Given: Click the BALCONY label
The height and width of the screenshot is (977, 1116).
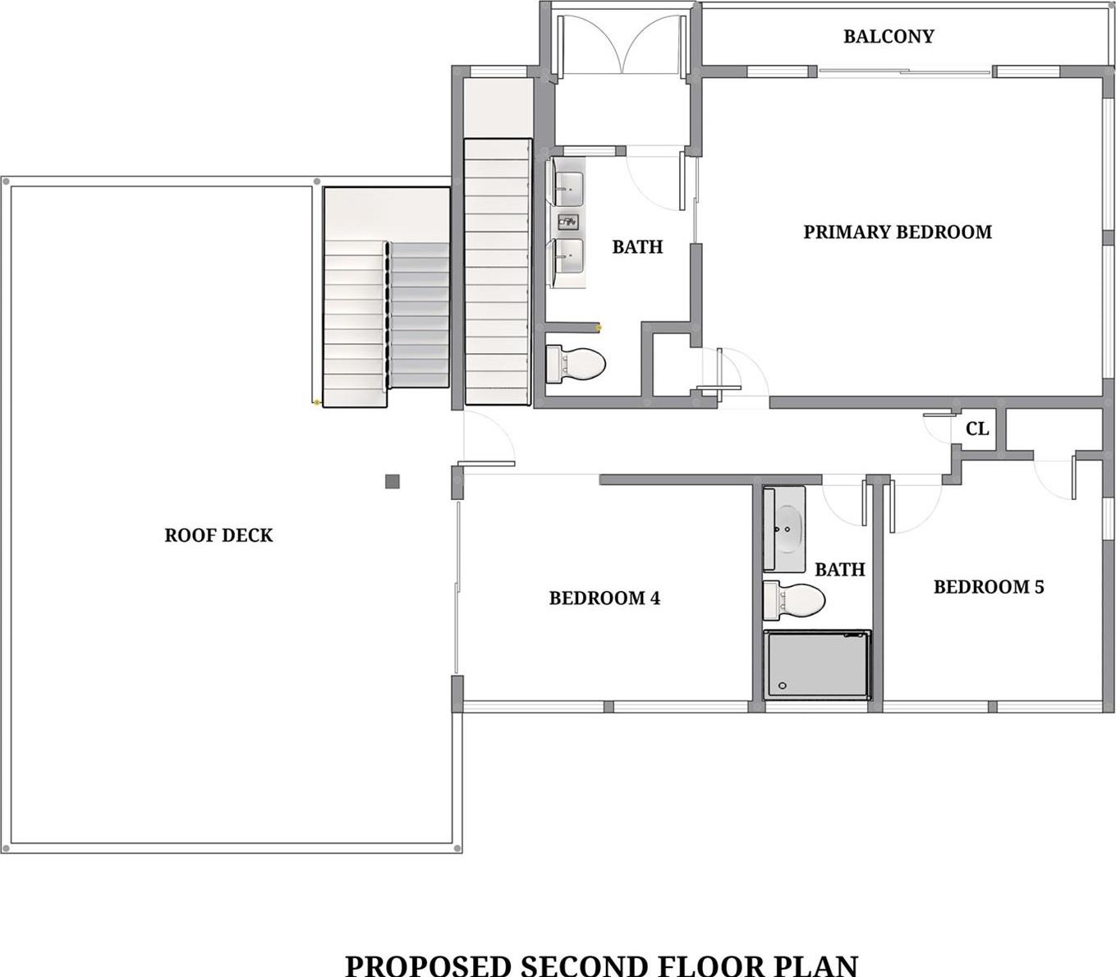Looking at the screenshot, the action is pyautogui.click(x=889, y=36).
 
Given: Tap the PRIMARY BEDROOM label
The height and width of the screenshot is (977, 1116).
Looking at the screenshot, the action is pyautogui.click(x=898, y=232).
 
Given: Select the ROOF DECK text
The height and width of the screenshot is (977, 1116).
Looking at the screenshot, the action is pyautogui.click(x=218, y=535).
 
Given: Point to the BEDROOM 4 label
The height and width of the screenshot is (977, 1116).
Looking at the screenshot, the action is pyautogui.click(x=604, y=598).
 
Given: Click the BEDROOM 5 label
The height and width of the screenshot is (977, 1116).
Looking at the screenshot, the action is pyautogui.click(x=989, y=587).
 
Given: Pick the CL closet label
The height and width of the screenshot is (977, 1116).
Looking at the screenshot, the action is pyautogui.click(x=977, y=429).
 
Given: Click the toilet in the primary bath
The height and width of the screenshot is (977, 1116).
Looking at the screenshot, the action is pyautogui.click(x=576, y=364).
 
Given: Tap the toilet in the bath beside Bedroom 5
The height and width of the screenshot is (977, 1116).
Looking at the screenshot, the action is pyautogui.click(x=793, y=601).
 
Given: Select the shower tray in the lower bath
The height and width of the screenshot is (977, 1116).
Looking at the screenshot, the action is pyautogui.click(x=817, y=664).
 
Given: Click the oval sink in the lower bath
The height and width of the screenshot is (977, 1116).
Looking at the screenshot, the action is pyautogui.click(x=788, y=529).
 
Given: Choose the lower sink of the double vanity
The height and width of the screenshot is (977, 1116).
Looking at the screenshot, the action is pyautogui.click(x=567, y=255).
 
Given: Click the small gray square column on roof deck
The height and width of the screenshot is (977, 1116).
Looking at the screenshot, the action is pyautogui.click(x=393, y=481).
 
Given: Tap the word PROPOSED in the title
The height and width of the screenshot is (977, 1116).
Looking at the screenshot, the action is pyautogui.click(x=428, y=964).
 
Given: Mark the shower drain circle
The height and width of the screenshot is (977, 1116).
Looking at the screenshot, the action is pyautogui.click(x=783, y=686).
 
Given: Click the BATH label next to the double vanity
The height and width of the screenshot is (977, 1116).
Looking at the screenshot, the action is pyautogui.click(x=637, y=247).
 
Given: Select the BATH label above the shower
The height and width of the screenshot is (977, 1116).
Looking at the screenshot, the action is pyautogui.click(x=840, y=569).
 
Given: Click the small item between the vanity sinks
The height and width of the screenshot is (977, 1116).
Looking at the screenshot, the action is pyautogui.click(x=567, y=222).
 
